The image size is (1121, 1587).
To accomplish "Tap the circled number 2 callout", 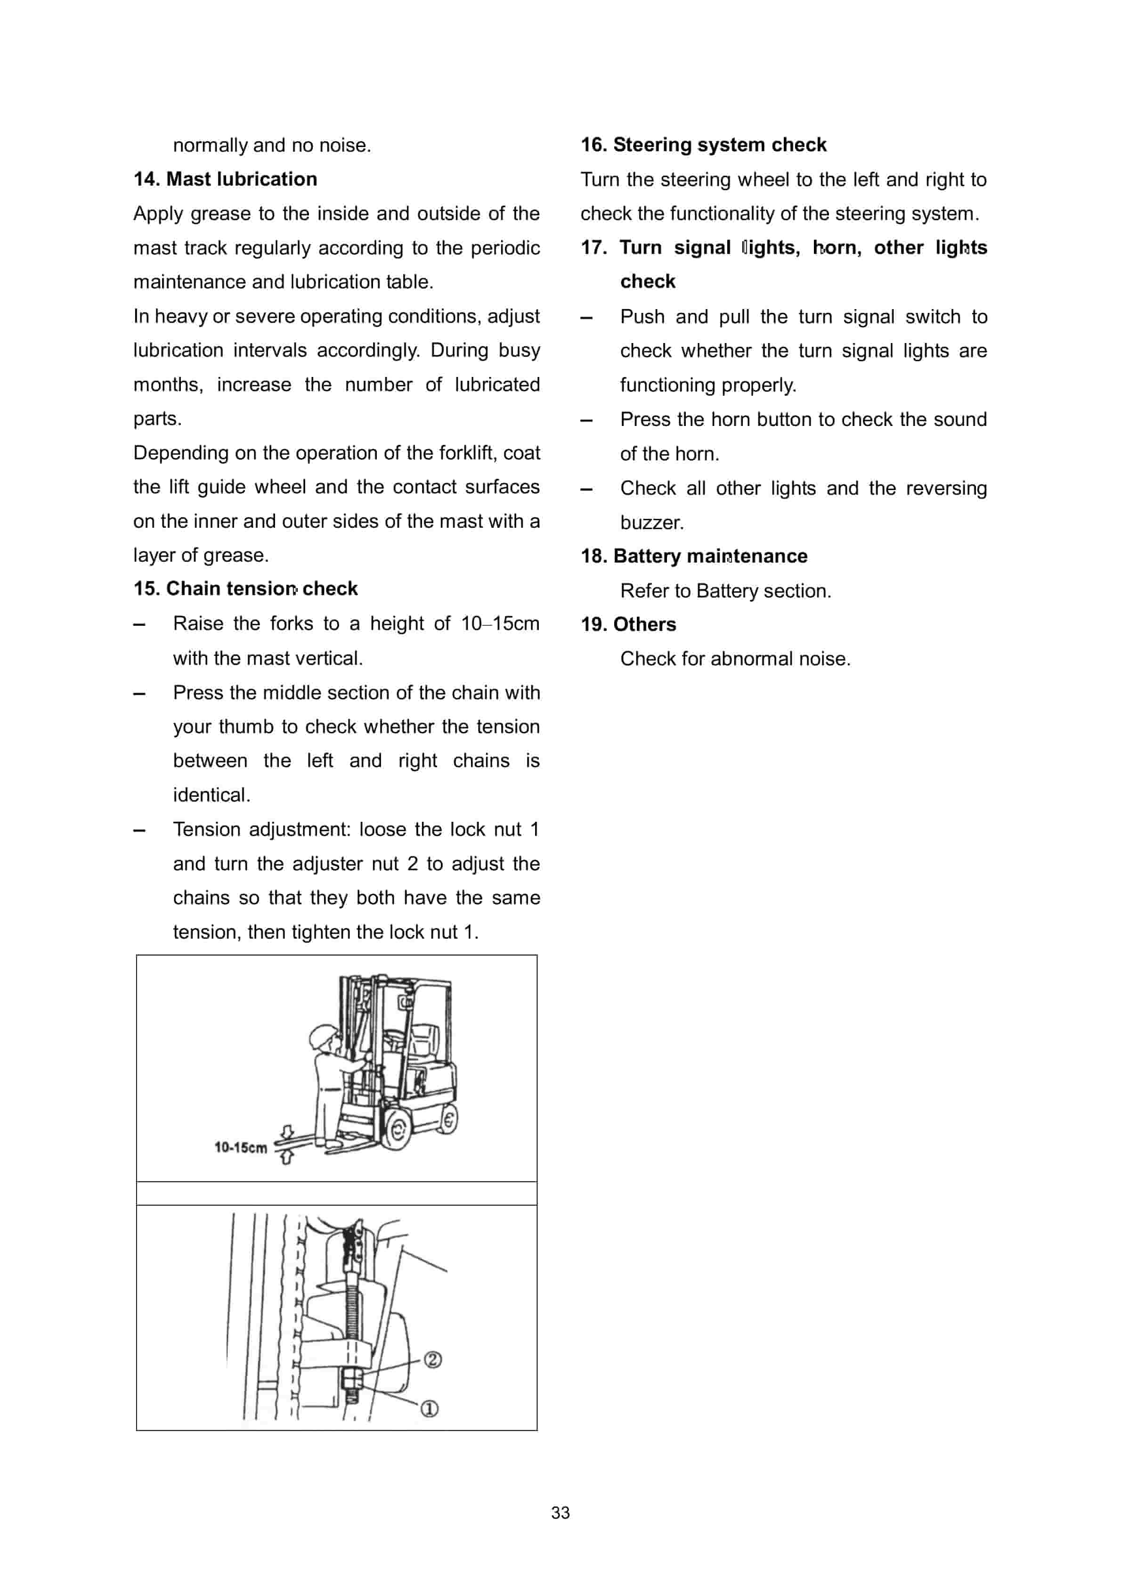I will tap(433, 1359).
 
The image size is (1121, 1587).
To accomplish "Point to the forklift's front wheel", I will tap(396, 1130).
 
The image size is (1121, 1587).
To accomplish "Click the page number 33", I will tap(560, 1513).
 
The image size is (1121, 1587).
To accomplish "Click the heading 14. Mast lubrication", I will tap(225, 179).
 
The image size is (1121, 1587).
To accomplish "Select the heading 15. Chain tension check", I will tap(245, 588).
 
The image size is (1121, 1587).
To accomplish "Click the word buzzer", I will tap(651, 523).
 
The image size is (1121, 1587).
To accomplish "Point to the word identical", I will tap(211, 795).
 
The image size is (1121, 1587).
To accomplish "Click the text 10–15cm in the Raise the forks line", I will tap(500, 623).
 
